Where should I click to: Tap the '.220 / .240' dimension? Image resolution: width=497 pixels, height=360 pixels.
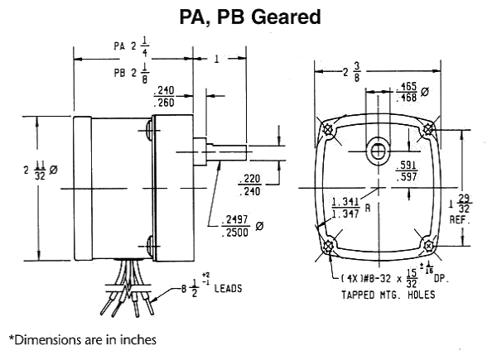249,185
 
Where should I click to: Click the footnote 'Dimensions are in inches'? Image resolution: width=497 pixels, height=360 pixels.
83,338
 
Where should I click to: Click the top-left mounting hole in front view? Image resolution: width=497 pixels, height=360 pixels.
329,130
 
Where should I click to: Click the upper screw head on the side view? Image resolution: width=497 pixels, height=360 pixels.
150,129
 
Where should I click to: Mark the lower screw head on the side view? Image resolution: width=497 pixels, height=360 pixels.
150,245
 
